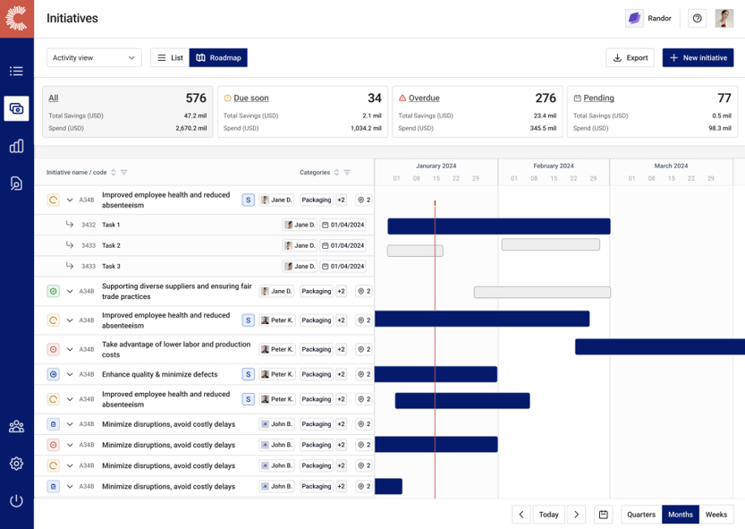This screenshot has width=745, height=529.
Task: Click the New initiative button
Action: [x=698, y=58]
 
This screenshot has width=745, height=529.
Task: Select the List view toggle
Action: [x=170, y=58]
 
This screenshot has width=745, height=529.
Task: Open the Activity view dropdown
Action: [x=94, y=58]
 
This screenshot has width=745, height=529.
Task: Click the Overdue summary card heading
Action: [x=423, y=98]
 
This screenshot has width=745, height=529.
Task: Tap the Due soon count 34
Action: [x=374, y=98]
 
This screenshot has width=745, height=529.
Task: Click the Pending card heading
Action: [x=598, y=98]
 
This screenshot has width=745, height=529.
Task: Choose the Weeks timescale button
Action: [x=715, y=515]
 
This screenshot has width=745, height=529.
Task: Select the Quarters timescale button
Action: [x=641, y=515]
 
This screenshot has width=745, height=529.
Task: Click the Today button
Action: [x=548, y=515]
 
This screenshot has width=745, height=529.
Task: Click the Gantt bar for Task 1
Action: [x=498, y=226]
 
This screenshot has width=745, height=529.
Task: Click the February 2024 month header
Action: [x=553, y=166]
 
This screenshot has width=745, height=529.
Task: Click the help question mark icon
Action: [x=697, y=18]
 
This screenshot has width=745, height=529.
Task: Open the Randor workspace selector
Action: [x=649, y=18]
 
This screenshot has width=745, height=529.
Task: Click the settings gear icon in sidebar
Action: [x=16, y=464]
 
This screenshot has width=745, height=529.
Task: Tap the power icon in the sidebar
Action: [x=16, y=501]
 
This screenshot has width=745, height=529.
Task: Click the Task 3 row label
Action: [x=111, y=267]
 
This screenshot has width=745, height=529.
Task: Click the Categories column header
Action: [x=315, y=173]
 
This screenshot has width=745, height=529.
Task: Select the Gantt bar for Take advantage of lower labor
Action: [x=659, y=346]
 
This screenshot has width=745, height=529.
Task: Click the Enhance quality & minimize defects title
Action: [x=159, y=374]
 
